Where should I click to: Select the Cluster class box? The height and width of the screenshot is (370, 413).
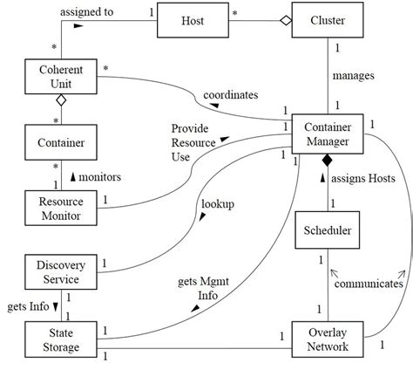click(328, 20)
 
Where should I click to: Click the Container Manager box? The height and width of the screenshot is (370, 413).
click(328, 136)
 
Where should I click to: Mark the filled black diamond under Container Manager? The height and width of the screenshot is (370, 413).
click(328, 162)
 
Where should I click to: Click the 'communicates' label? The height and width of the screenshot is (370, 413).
click(369, 284)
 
